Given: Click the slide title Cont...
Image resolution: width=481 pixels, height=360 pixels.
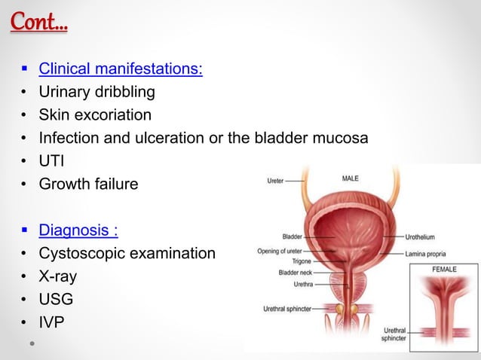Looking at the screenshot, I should (x=38, y=22).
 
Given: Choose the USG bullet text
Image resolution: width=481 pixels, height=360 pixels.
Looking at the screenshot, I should (x=57, y=299).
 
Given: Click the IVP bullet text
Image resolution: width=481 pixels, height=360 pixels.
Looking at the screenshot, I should (x=52, y=322).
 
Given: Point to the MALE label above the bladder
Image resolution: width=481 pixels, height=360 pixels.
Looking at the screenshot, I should (x=351, y=179).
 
